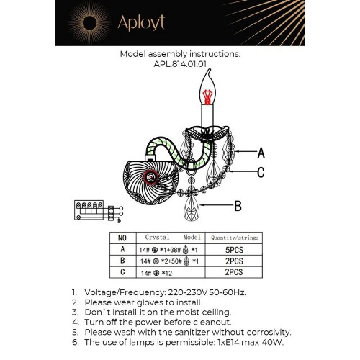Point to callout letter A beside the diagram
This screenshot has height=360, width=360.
(x=261, y=153)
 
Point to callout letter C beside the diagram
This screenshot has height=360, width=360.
(x=261, y=172)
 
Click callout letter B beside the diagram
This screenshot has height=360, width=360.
(x=238, y=206)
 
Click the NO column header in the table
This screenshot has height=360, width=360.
(x=122, y=237)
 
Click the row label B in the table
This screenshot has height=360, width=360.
(x=122, y=261)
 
